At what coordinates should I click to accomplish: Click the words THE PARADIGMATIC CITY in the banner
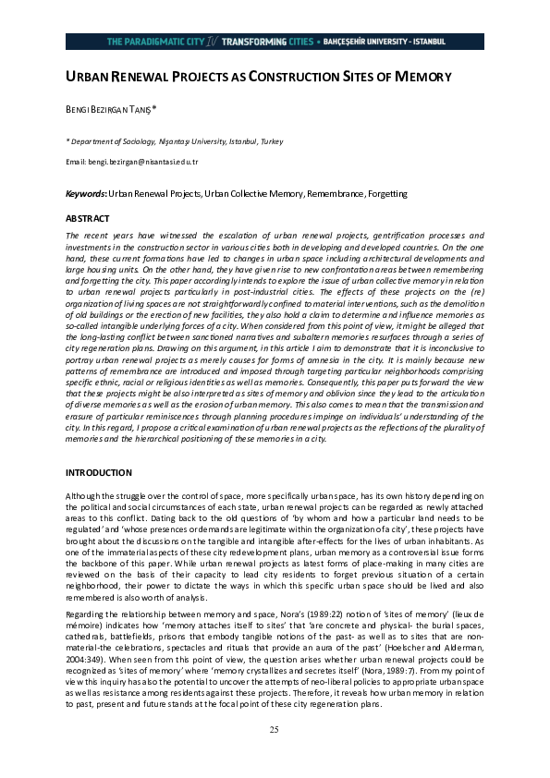(155, 42)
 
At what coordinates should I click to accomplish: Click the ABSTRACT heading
(87, 219)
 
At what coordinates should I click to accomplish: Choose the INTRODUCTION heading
(100, 472)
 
